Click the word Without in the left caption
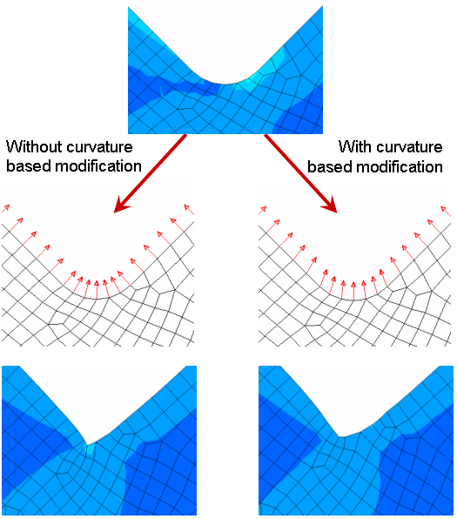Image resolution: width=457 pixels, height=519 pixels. pos(35,146)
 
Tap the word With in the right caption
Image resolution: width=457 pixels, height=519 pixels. pos(355,146)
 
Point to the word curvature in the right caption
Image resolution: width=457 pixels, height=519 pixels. pos(409,147)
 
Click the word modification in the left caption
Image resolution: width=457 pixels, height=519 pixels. pos(98,165)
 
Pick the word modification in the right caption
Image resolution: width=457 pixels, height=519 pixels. pos(400,166)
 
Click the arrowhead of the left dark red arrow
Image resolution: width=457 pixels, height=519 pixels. pos(121,206)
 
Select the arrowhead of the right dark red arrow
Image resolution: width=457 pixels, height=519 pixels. pos(329,206)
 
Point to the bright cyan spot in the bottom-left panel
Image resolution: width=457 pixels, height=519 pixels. pos(90,449)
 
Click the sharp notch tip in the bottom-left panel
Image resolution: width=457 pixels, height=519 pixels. pos(87,445)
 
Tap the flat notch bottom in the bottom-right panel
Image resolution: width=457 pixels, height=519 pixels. pos(343,437)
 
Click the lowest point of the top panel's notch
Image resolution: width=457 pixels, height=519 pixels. pos(225,84)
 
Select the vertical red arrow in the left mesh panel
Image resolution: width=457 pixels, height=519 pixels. pos(97,290)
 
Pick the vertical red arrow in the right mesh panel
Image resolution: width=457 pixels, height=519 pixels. pos(353,291)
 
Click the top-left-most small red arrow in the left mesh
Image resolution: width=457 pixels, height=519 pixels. pos(6,208)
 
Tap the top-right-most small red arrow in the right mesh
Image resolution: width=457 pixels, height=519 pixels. pos(446,212)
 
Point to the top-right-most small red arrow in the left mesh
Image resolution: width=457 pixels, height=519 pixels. pos(189,210)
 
